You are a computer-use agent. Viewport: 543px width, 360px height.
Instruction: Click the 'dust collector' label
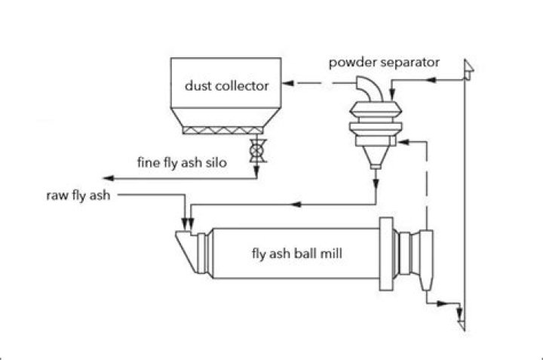[x=226, y=85]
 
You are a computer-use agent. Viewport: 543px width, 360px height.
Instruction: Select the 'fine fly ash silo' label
[x=181, y=162]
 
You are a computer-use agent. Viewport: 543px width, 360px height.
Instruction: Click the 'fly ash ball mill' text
[x=296, y=254]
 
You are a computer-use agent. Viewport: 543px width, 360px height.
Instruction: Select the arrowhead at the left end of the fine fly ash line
[x=107, y=178]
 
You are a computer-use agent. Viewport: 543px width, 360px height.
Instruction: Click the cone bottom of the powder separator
[x=376, y=155]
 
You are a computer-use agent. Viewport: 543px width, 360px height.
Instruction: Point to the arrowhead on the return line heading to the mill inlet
[x=296, y=205]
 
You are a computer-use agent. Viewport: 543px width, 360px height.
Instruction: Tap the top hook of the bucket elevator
[x=469, y=69]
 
